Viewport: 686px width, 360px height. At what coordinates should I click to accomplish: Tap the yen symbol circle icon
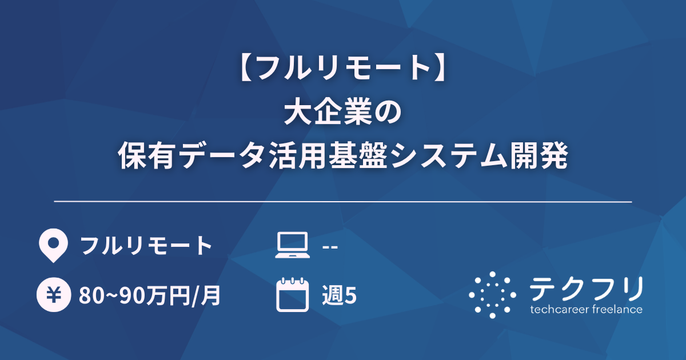53,296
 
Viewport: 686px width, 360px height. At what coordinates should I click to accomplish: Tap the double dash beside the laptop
330,246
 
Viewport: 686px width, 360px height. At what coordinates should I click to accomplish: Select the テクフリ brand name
586,288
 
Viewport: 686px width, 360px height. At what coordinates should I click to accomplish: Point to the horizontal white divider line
343,202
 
